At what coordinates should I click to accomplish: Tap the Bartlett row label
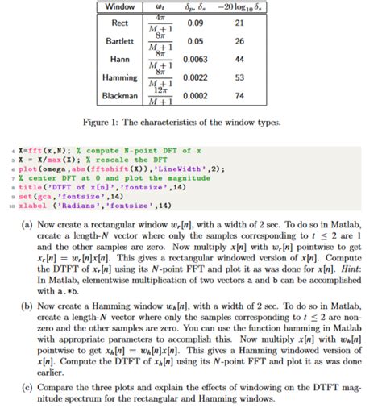click(120, 40)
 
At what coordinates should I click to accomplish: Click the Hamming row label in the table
click(120, 77)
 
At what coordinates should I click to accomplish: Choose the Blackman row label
click(120, 96)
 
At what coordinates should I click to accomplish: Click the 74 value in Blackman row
click(239, 96)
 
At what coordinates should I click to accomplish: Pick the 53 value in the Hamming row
click(239, 77)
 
